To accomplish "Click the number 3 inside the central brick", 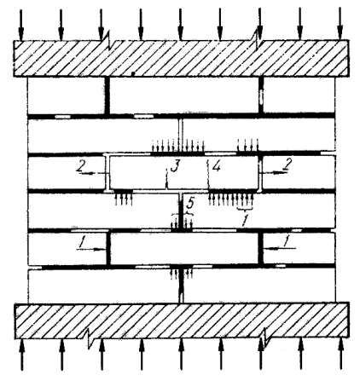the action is pyautogui.click(x=174, y=165).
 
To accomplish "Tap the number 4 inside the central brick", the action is pyautogui.click(x=216, y=166).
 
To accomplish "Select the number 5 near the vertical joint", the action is pyautogui.click(x=190, y=204).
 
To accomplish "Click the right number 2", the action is pyautogui.click(x=287, y=165).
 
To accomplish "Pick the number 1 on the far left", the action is pyautogui.click(x=82, y=242).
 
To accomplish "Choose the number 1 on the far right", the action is pyautogui.click(x=287, y=241).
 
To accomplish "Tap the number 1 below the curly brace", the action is pyautogui.click(x=246, y=220).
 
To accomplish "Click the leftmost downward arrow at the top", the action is pyautogui.click(x=20, y=25).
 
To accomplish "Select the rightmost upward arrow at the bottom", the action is pyautogui.click(x=340, y=355).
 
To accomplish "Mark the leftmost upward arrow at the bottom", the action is pyautogui.click(x=22, y=355).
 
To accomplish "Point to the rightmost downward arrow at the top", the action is pyautogui.click(x=340, y=25).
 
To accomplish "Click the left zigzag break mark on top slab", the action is pyautogui.click(x=107, y=40).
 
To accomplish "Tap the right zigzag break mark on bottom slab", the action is pyautogui.click(x=264, y=338).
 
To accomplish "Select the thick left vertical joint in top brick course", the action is pyautogui.click(x=107, y=95).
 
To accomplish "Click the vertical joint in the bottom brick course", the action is pyautogui.click(x=181, y=286).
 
